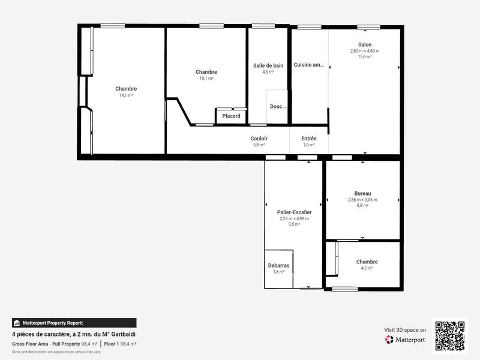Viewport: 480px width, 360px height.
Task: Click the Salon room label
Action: point(365,45)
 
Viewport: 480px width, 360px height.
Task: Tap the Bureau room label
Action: point(362,193)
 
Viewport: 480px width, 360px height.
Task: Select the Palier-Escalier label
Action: point(294,212)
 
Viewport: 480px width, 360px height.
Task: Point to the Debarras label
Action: point(278,265)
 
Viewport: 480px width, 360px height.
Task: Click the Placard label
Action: point(231,116)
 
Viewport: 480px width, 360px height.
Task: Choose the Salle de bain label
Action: point(268,65)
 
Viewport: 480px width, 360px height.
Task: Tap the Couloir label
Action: point(259,139)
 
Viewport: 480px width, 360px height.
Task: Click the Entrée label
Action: point(309,139)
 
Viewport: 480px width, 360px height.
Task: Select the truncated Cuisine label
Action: point(308,65)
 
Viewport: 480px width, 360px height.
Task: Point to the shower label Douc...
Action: point(278,106)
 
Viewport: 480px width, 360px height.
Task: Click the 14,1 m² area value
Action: point(126,95)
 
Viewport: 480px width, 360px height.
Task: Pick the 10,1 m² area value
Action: point(206,78)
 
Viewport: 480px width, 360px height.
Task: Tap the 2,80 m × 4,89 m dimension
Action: point(365,51)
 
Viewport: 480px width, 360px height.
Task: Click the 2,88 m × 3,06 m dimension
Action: point(362,199)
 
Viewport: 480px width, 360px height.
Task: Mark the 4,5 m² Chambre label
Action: point(367,262)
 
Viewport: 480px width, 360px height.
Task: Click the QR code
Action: point(450,335)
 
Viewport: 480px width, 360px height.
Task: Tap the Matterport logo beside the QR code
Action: point(406,340)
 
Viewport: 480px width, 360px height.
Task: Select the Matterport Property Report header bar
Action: point(74,322)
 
